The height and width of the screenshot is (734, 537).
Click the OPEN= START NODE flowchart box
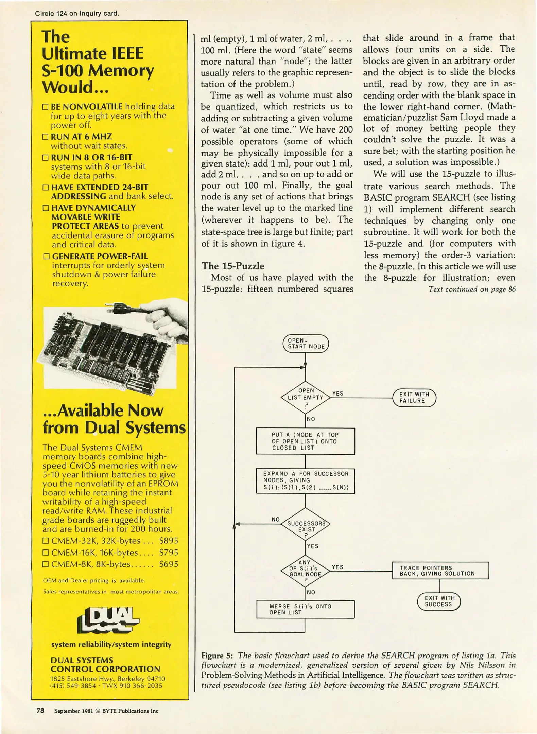(306, 344)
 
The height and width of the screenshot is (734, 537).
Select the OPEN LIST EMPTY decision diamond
(306, 398)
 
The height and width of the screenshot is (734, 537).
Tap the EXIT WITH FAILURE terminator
(414, 398)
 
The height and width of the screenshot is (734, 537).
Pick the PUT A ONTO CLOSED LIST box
(305, 441)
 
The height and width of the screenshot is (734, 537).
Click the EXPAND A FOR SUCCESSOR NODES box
(305, 481)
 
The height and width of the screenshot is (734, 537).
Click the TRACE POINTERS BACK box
(440, 571)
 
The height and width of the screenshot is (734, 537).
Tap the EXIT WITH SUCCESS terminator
(438, 601)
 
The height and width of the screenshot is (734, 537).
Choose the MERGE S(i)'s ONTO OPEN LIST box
(305, 609)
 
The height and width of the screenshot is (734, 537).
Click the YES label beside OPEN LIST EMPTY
(338, 394)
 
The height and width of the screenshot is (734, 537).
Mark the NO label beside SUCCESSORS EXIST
(276, 519)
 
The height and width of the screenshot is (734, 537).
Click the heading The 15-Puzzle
(233, 266)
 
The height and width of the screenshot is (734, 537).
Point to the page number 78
(40, 711)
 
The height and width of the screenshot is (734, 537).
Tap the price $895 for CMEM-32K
(169, 541)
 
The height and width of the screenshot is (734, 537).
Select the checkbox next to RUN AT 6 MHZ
(46, 137)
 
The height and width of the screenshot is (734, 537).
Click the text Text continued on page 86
(472, 289)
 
